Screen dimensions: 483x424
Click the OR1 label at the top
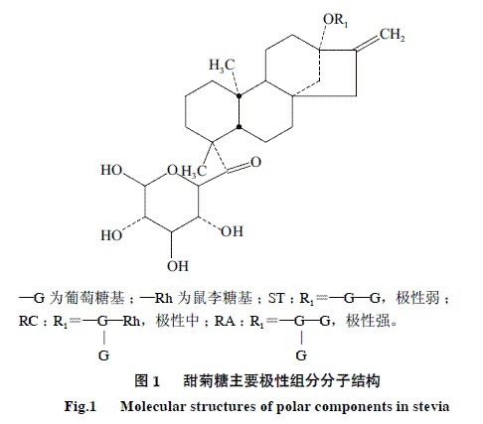point(335,20)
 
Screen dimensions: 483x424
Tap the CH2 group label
point(393,35)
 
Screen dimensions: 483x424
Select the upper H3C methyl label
point(222,65)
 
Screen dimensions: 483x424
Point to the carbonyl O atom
point(255,162)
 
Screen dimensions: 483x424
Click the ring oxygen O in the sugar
point(173,170)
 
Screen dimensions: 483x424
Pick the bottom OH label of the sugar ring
point(178,266)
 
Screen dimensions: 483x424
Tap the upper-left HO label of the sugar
point(111,170)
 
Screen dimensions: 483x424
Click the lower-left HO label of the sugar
point(111,235)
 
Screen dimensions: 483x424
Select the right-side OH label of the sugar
point(232,231)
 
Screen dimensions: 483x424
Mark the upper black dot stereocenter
point(239,96)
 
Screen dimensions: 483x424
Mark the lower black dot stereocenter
point(239,126)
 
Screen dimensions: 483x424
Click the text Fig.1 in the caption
point(80,406)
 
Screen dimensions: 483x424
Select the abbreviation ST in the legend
point(276,298)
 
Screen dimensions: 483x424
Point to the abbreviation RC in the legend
point(29,321)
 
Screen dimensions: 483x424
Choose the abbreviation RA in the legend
point(225,321)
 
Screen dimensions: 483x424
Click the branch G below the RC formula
point(103,355)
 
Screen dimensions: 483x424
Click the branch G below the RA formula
point(301,355)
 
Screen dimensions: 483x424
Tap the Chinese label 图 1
point(147,380)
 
